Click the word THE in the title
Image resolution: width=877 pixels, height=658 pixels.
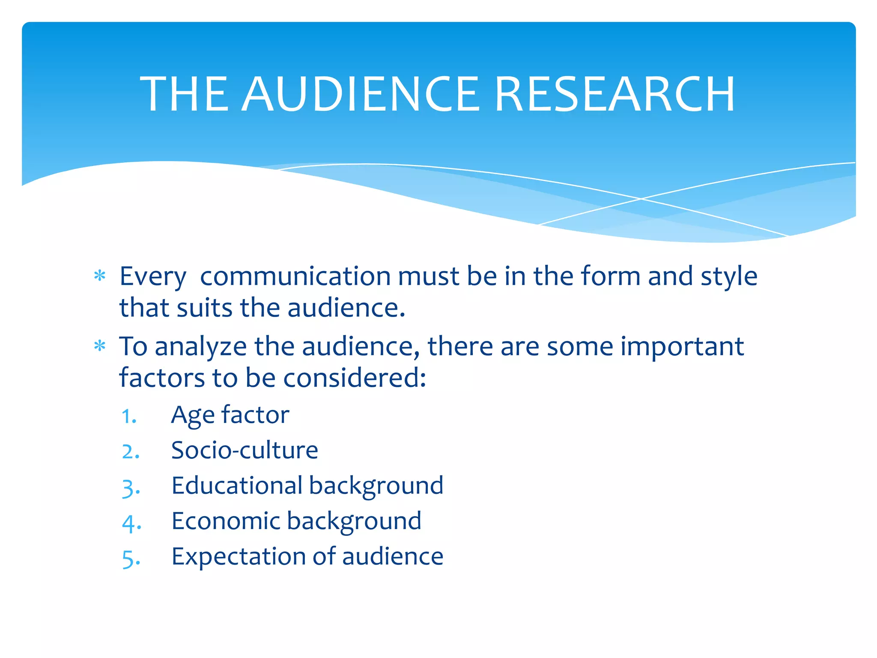click(185, 94)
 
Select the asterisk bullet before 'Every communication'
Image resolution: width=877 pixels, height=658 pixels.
click(100, 276)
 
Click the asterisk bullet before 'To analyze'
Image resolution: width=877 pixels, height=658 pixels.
click(100, 346)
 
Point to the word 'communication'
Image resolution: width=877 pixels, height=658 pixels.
click(295, 276)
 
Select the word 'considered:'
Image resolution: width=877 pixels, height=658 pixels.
click(355, 378)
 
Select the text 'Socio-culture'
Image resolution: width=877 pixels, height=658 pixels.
click(245, 450)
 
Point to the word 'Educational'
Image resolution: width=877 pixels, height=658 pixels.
click(237, 486)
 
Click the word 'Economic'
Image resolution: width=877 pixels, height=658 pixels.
click(226, 521)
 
